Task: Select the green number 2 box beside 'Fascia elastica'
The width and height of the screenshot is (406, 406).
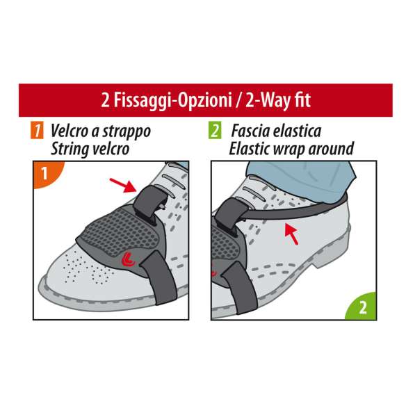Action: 216,131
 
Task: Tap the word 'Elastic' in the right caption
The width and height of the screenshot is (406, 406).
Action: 252,147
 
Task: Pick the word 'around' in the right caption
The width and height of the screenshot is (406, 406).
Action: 329,147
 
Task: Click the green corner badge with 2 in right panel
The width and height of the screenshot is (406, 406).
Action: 362,306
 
